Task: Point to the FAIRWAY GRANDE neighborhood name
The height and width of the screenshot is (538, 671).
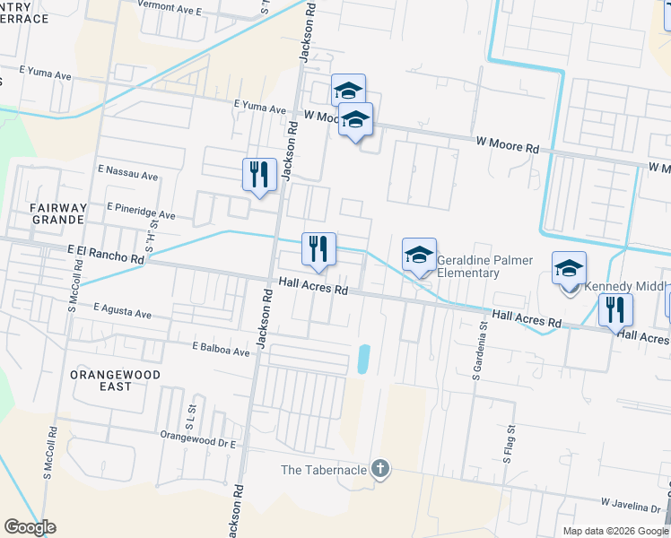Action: (x=58, y=213)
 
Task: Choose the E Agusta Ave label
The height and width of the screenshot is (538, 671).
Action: (x=124, y=309)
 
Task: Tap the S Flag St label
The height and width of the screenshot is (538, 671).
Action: (x=507, y=445)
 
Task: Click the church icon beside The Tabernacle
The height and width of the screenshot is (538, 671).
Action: (x=380, y=469)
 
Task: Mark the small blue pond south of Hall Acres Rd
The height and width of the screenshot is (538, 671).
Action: (x=363, y=360)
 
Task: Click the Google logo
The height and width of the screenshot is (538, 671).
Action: (x=30, y=527)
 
